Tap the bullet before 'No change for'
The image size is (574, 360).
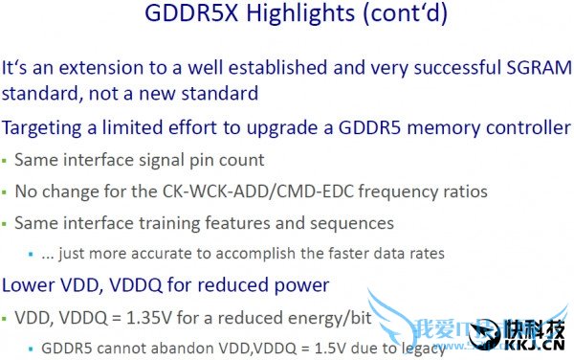(x=6, y=192)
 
